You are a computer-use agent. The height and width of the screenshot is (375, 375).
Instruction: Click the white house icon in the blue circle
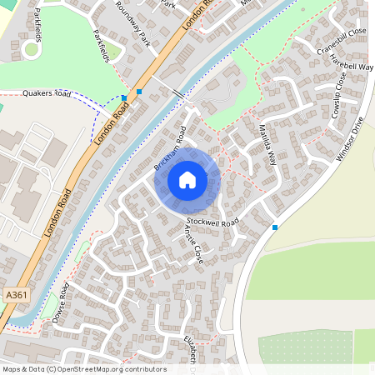(x=187, y=179)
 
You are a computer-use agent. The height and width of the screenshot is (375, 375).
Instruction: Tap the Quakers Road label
(x=47, y=94)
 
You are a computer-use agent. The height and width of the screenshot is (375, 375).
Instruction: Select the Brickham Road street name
(x=170, y=148)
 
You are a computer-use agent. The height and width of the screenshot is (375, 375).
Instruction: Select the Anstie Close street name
(x=192, y=242)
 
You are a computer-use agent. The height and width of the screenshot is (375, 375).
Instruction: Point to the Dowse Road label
(x=59, y=303)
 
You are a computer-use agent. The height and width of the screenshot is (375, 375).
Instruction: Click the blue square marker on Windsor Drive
(x=274, y=227)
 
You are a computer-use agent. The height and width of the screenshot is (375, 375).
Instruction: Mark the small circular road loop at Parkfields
(x=31, y=48)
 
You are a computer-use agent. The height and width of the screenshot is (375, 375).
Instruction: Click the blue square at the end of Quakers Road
(x=124, y=98)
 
